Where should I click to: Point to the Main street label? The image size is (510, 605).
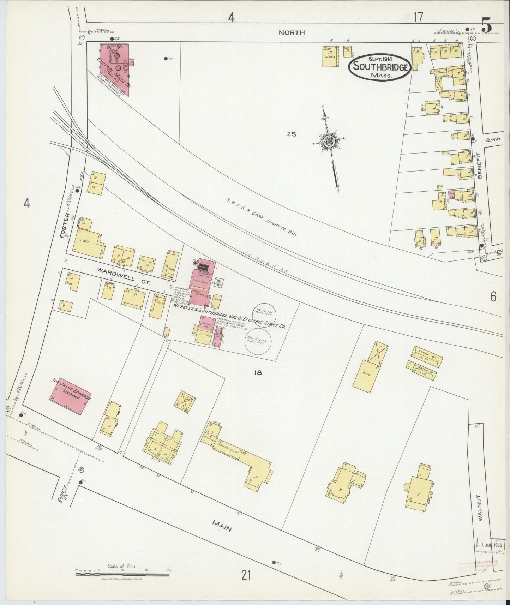point(222,528)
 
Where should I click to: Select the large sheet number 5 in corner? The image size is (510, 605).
point(487,26)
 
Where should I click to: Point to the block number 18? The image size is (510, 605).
point(258,372)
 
